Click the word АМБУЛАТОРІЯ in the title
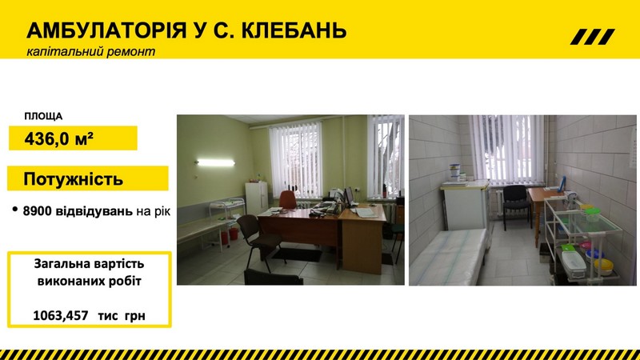pyautogui.click(x=106, y=30)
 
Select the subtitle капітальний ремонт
pyautogui.click(x=90, y=52)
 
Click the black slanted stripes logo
pyautogui.click(x=592, y=37)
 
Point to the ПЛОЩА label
pyautogui.click(x=43, y=117)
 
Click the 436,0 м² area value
pyautogui.click(x=58, y=139)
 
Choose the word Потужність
pyautogui.click(x=73, y=178)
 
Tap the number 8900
pyautogui.click(x=37, y=211)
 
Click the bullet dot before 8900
pyautogui.click(x=15, y=210)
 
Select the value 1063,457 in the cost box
pyautogui.click(x=61, y=315)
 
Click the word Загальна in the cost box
pyautogui.click(x=59, y=264)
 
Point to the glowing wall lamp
pyautogui.click(x=215, y=163)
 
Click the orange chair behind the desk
pyautogui.click(x=288, y=199)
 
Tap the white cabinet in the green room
pyautogui.click(x=256, y=198)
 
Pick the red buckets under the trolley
pyautogui.click(x=229, y=234)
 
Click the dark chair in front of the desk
pyautogui.click(x=257, y=238)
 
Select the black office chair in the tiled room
pyautogui.click(x=516, y=206)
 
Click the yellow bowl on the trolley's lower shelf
pyautogui.click(x=603, y=266)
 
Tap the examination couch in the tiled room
pyautogui.click(x=449, y=256)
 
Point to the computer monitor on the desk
pyautogui.click(x=350, y=196)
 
